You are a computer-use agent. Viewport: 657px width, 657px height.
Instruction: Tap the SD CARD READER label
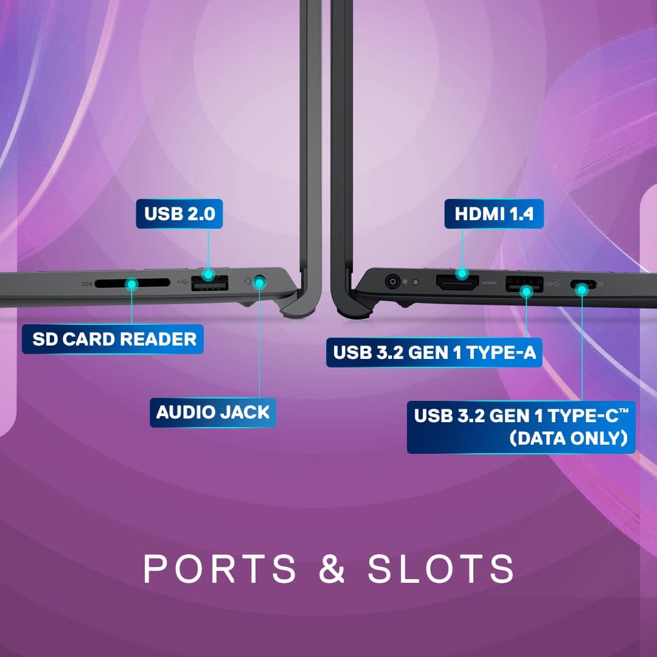coord(114,339)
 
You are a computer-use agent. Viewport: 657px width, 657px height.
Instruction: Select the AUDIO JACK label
coord(212,412)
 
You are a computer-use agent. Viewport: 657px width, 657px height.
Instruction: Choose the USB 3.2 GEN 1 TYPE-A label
coord(434,353)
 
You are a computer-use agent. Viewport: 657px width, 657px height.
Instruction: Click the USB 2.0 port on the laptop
coord(209,283)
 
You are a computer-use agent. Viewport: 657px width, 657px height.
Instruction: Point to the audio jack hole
coord(260,282)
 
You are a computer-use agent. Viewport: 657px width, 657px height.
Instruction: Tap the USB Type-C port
coord(583,284)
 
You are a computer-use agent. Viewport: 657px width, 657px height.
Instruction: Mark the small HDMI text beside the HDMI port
coord(489,283)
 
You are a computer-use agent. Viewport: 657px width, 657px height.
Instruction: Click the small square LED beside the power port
coord(416,282)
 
